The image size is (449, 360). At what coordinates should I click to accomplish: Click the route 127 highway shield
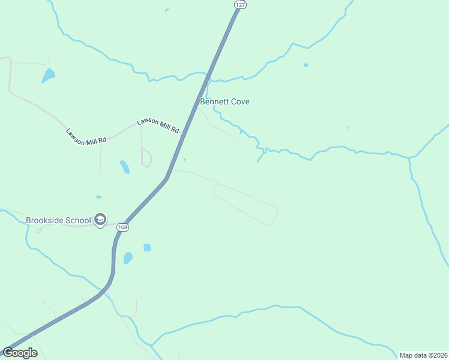[240, 4]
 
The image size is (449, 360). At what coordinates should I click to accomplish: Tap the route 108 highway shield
[122, 227]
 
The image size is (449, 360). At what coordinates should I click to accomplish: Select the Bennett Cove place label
[224, 102]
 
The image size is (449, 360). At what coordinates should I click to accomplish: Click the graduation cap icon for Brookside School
[100, 220]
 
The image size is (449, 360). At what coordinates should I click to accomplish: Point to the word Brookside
[44, 220]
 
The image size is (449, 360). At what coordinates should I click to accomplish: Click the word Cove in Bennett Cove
[240, 102]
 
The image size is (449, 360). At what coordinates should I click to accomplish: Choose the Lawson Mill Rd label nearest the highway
[158, 125]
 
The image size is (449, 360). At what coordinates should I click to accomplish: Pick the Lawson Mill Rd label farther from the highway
[86, 136]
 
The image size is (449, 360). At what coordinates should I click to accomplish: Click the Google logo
[20, 353]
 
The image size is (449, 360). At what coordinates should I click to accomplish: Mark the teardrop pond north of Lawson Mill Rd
[48, 76]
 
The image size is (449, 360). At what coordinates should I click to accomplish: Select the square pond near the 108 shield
[147, 247]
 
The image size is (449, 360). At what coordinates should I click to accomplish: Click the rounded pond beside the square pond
[128, 258]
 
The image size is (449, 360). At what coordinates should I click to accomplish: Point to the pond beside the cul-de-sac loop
[125, 166]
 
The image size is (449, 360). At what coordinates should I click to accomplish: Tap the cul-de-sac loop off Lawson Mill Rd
[146, 158]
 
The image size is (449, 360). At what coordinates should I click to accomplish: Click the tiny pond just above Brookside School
[99, 197]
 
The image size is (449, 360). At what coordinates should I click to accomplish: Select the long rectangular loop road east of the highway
[246, 205]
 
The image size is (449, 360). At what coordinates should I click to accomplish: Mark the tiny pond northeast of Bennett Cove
[306, 65]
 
